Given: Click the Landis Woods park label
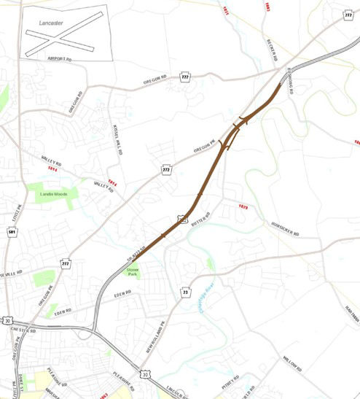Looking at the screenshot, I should click(52, 195).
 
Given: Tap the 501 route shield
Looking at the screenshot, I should click(12, 232).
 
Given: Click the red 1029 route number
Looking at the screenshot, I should click(243, 207).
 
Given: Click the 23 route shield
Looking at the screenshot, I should click(185, 292).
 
